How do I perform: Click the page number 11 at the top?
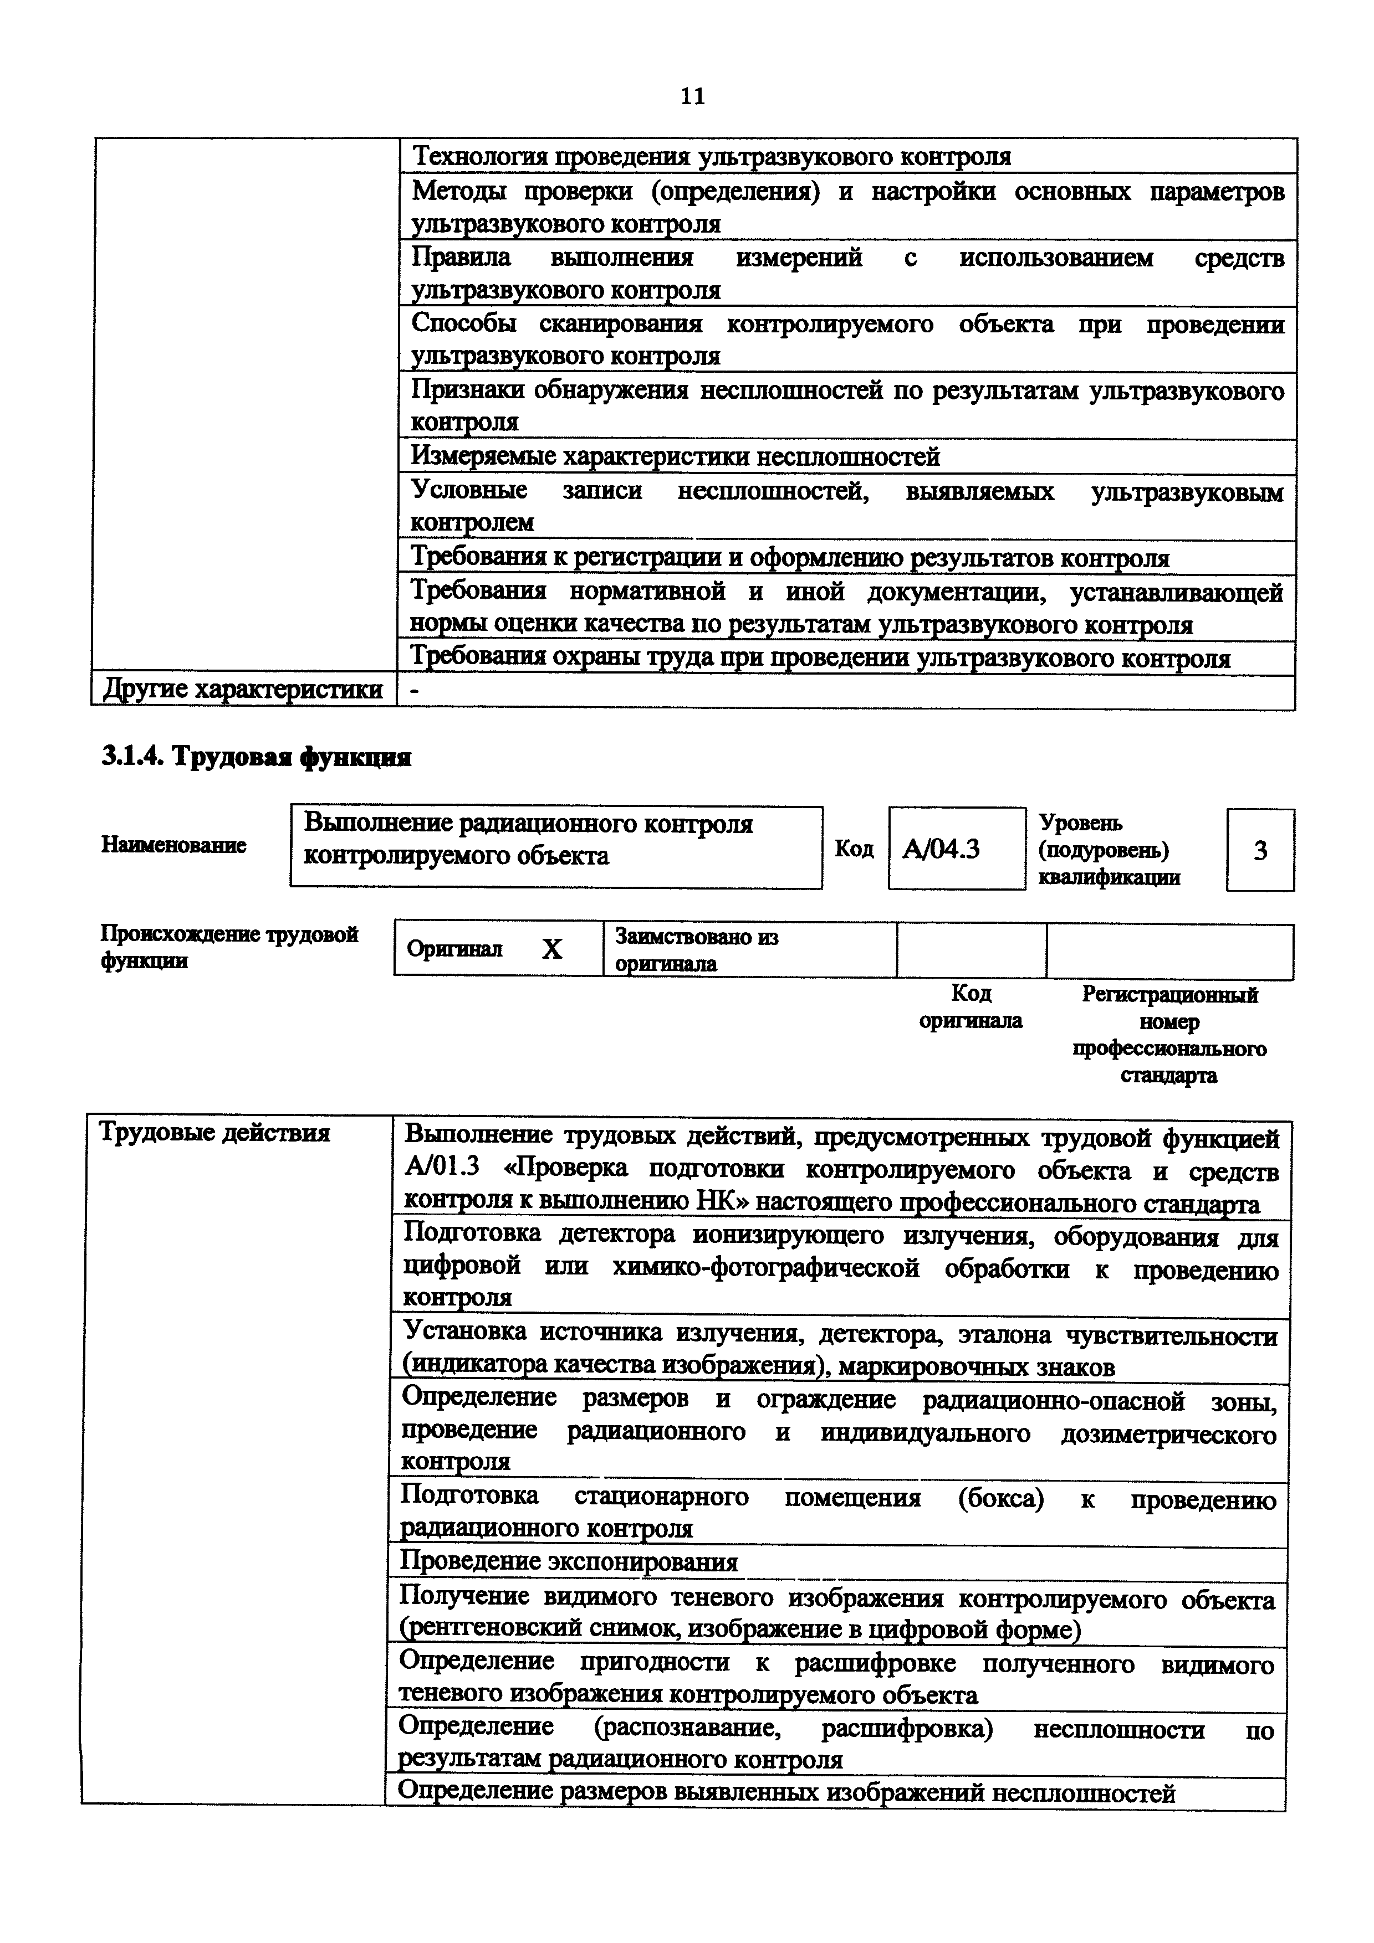[x=692, y=96]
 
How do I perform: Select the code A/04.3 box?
[x=956, y=848]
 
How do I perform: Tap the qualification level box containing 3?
[x=1259, y=850]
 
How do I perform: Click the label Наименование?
[x=173, y=845]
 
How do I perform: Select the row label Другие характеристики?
[x=243, y=690]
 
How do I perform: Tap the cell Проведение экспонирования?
[x=568, y=1562]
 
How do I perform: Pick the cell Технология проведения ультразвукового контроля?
[x=711, y=157]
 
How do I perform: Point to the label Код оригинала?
[x=970, y=1007]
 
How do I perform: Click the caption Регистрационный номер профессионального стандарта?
[x=1169, y=1034]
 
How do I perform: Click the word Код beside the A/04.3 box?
[x=854, y=848]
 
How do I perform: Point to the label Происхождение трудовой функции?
[x=228, y=947]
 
